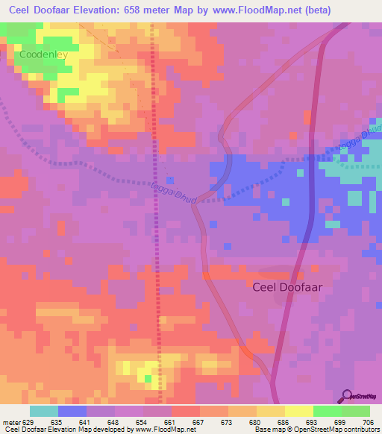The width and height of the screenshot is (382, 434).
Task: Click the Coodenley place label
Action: (43, 55)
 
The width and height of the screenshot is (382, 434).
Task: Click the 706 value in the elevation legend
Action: (367, 421)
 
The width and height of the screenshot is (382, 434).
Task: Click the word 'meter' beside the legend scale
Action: (10, 421)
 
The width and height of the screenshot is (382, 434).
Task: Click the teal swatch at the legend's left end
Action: (44, 411)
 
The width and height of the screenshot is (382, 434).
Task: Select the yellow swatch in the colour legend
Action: (298, 411)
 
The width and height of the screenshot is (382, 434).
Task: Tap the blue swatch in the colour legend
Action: (72, 411)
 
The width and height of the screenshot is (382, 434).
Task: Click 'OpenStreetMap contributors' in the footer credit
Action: (337, 430)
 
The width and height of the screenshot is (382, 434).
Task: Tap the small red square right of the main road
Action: (307, 117)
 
